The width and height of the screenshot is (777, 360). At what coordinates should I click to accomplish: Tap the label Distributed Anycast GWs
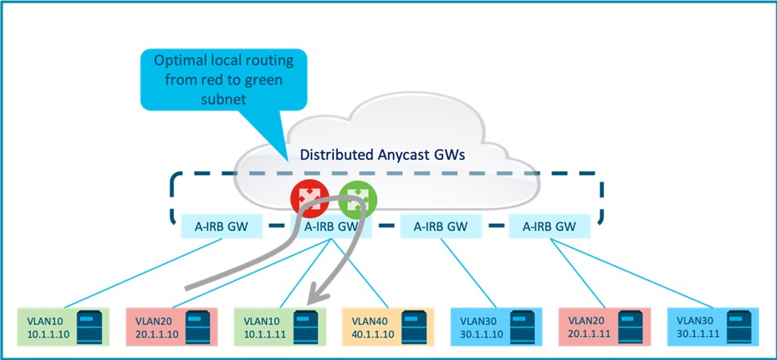389,158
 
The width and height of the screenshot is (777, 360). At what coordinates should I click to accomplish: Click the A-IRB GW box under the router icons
332,226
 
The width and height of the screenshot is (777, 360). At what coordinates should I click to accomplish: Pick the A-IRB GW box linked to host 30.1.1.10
439,226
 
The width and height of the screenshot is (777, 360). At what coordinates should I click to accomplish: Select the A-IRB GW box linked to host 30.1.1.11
550,226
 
